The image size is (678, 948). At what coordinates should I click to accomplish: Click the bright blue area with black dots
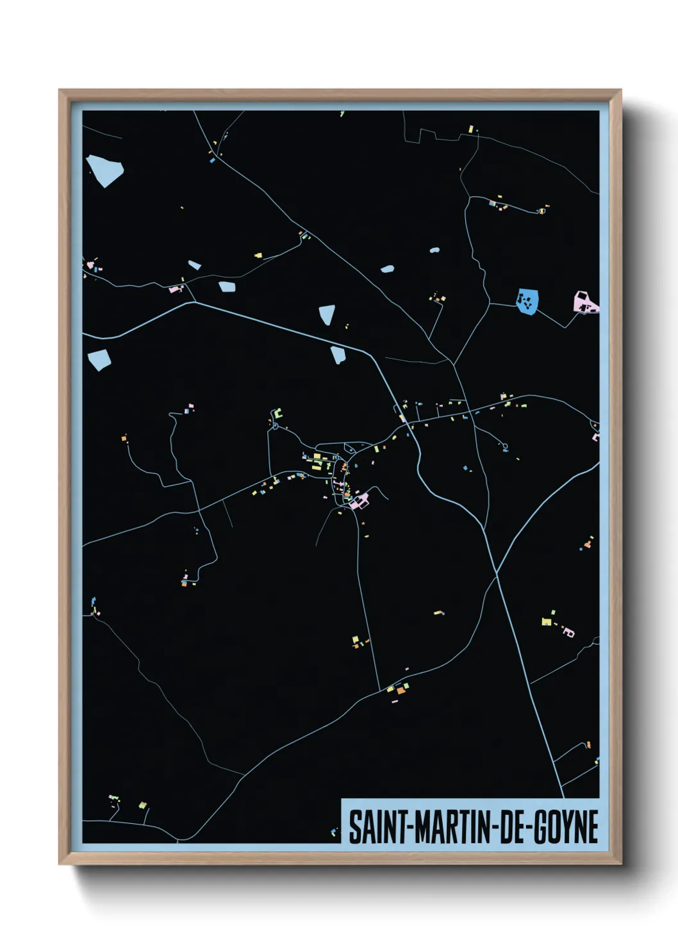[527, 300]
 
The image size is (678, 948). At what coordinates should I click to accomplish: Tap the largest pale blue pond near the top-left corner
[104, 170]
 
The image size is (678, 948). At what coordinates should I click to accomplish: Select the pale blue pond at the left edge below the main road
[99, 359]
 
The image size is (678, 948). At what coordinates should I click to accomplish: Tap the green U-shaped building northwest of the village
[277, 414]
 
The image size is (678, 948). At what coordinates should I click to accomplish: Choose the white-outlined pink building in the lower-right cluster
[568, 633]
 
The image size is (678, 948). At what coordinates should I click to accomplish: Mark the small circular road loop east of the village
[506, 446]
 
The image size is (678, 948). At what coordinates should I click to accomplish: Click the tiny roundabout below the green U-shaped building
[276, 426]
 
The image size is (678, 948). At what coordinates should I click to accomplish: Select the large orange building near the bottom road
[401, 691]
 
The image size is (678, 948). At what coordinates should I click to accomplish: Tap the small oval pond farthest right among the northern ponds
[434, 250]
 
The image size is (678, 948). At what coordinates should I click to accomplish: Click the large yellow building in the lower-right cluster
[546, 621]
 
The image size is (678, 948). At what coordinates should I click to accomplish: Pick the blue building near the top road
[212, 161]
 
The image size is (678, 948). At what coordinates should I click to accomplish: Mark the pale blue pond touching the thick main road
[338, 354]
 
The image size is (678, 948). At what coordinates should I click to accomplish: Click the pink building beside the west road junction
[175, 290]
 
